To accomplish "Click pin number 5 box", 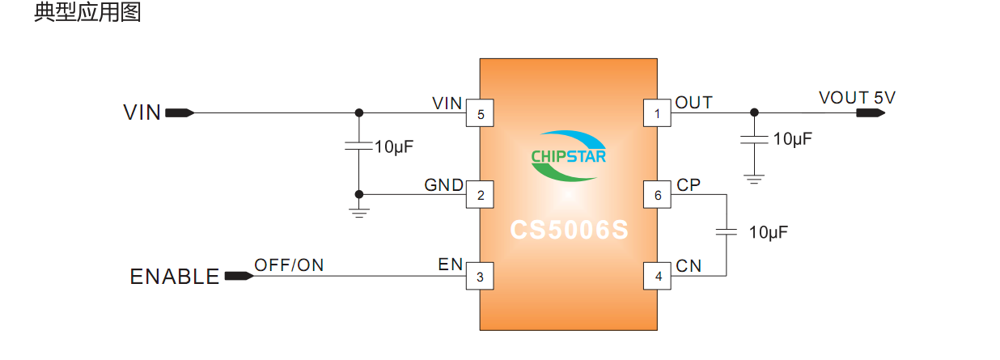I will tap(481, 114).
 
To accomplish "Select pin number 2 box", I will tap(481, 195).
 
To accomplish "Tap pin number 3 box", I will tap(481, 277).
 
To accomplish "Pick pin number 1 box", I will tap(657, 114).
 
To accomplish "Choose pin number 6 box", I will tap(657, 195).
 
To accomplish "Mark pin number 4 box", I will tap(657, 277).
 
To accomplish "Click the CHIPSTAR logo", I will tap(568, 155).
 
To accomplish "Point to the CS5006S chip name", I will tap(569, 231).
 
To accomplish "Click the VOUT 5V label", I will tap(857, 98).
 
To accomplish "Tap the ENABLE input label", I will tap(175, 277).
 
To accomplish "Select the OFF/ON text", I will tap(289, 265).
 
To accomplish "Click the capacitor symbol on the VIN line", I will tap(358, 146).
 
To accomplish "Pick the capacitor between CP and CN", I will tap(726, 232).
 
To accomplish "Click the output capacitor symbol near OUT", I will tap(754, 140).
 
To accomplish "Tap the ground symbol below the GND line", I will tap(359, 212).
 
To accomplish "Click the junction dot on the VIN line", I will tap(359, 113).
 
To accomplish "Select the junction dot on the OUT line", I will tap(754, 113).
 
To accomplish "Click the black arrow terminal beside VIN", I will tap(179, 113).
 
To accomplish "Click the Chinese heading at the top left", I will tap(87, 14).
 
